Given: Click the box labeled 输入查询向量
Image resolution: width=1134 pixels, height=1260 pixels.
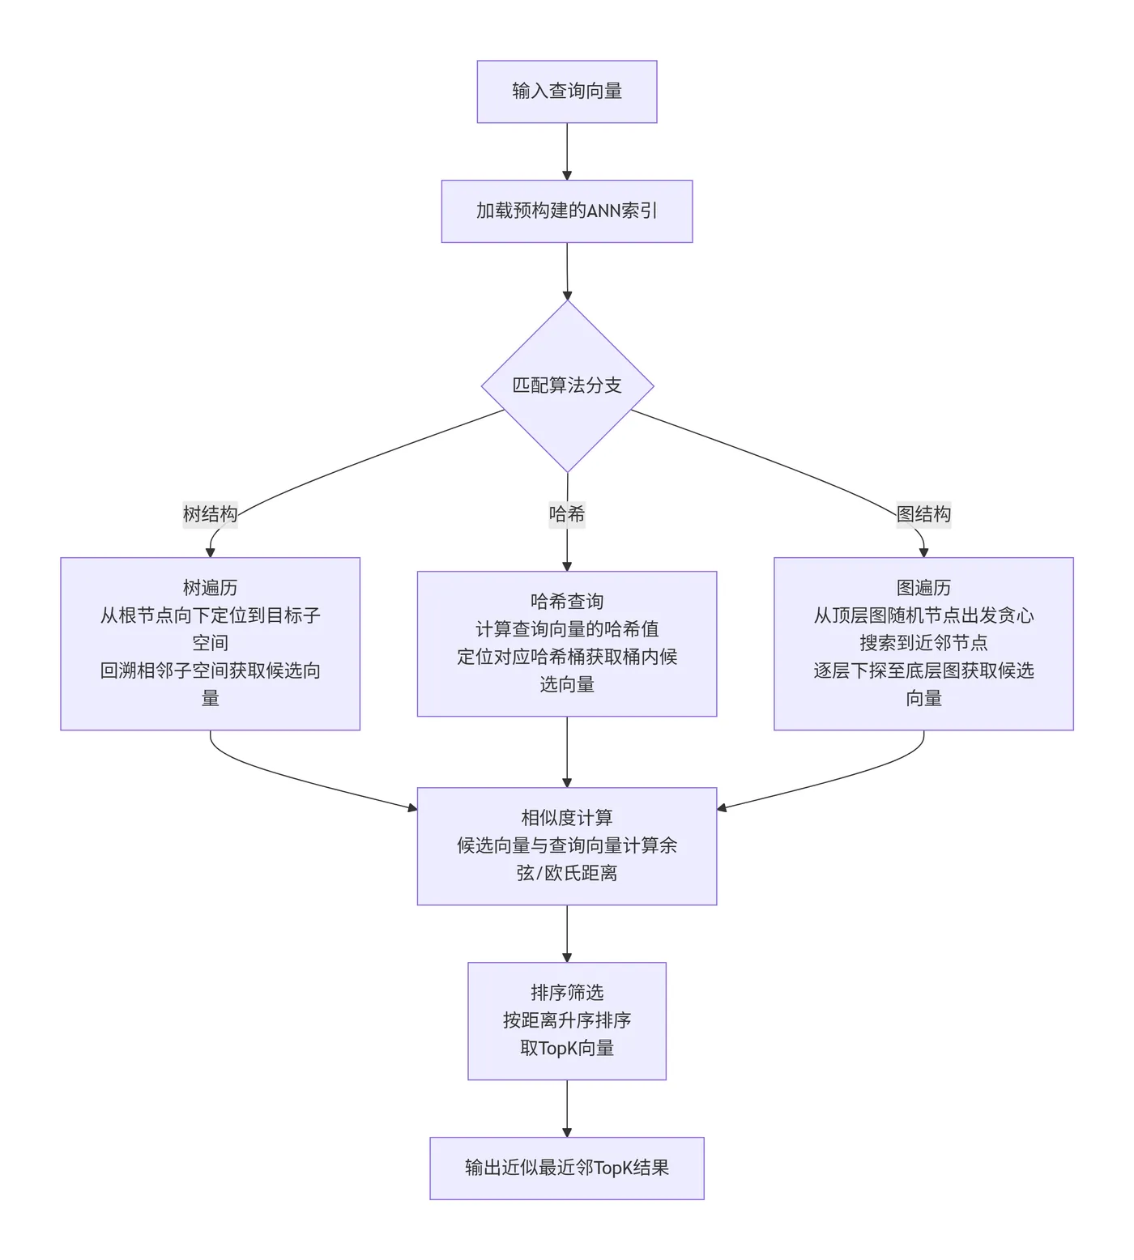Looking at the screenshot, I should [566, 92].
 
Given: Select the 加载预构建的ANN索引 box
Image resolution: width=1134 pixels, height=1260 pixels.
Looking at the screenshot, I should [566, 211].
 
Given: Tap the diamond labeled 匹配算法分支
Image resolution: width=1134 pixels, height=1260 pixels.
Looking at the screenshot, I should [567, 385].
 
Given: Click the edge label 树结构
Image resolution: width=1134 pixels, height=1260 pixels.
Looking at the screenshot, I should [210, 514].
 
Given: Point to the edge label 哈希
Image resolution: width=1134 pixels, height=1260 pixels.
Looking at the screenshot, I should [566, 514].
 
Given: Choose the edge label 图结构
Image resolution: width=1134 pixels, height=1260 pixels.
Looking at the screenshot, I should [923, 514].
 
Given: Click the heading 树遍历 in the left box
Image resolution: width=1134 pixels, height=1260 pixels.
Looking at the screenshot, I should [210, 588].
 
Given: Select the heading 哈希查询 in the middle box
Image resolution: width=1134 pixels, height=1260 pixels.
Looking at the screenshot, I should [566, 602].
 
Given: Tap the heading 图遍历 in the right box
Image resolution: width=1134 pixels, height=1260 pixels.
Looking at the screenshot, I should [923, 588].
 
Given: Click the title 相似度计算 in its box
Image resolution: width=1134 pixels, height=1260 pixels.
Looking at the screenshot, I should [566, 818].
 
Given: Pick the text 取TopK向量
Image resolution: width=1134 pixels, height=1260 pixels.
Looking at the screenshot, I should [566, 1048].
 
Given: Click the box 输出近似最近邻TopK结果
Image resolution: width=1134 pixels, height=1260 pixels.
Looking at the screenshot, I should [566, 1168].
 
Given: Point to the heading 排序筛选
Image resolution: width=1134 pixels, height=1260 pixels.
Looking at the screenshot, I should [566, 993].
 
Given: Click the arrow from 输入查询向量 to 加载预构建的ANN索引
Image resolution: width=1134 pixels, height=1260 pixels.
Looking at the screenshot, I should [566, 151].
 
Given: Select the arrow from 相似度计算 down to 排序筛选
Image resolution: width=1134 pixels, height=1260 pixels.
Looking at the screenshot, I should [566, 933].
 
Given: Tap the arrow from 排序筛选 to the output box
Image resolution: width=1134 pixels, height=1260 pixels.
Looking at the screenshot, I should [566, 1108].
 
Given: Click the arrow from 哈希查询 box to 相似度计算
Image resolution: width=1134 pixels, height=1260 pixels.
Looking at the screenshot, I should [566, 751].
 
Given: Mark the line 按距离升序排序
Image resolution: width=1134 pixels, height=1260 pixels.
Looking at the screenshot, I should [566, 1020].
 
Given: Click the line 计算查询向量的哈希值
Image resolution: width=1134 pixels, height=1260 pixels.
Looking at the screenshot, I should [566, 629].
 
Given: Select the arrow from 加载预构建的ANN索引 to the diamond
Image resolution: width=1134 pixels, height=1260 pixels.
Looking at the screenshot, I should [566, 271].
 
